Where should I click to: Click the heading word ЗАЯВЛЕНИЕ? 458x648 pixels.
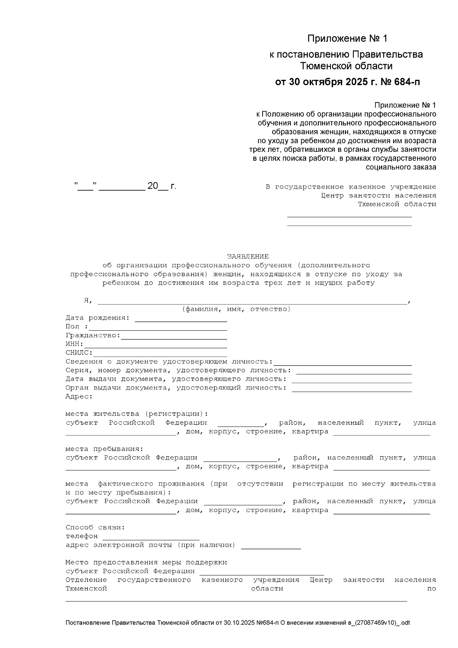[x=248, y=257]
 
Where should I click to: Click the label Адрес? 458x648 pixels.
[x=79, y=396]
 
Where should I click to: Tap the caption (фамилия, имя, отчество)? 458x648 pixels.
[x=236, y=309]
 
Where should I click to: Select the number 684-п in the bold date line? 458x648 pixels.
[x=405, y=82]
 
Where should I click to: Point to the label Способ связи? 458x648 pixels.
[x=95, y=527]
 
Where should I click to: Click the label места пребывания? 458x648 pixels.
[x=104, y=449]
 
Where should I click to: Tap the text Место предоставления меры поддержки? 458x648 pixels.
[x=146, y=562]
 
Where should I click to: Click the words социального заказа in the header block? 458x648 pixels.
[x=401, y=167]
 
